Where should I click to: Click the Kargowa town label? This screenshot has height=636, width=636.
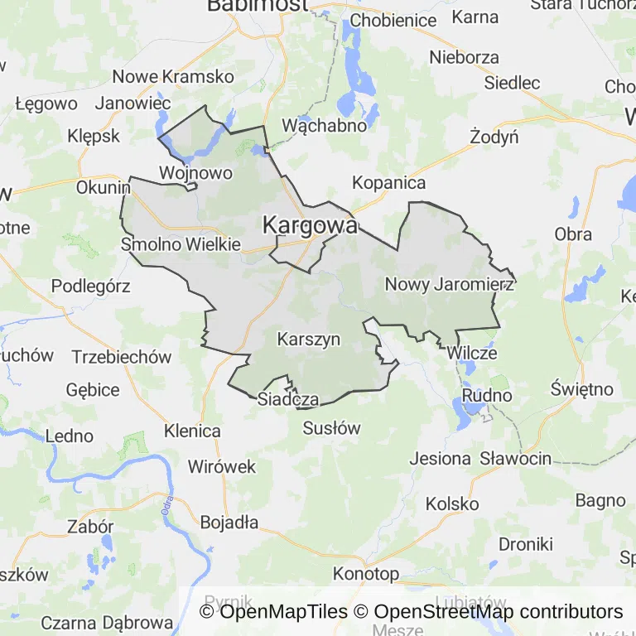(311, 224)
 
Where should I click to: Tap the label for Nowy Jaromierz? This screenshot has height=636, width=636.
(450, 284)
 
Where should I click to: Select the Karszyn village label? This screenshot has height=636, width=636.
(309, 339)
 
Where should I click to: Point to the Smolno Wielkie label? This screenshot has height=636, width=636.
(181, 244)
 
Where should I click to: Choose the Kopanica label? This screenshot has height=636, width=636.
(388, 183)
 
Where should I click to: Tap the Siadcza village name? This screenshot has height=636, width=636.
(288, 399)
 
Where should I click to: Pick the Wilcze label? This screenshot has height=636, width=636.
(472, 353)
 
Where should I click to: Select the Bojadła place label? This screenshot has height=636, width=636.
(229, 523)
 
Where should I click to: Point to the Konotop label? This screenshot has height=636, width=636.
(366, 573)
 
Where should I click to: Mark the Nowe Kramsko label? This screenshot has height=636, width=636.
(174, 76)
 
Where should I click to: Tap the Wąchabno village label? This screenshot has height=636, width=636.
(325, 126)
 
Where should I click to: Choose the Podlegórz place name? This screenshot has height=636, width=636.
(91, 286)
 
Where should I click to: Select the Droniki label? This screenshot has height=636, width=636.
(526, 544)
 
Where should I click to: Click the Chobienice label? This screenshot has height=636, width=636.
(393, 20)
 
